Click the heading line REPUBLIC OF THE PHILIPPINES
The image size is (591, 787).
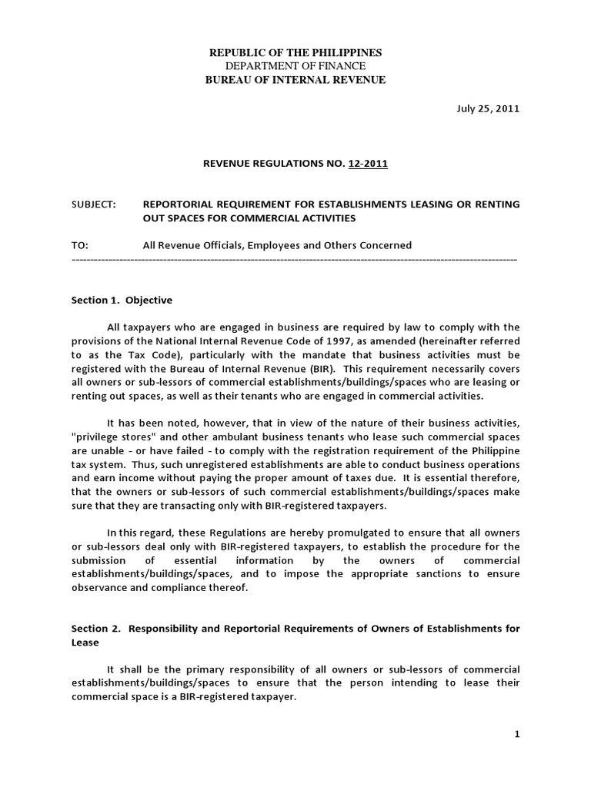click(x=295, y=52)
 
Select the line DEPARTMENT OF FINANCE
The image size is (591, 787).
click(x=295, y=66)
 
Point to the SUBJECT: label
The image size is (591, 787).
click(x=93, y=204)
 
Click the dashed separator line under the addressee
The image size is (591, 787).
click(x=295, y=260)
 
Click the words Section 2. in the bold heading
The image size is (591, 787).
click(x=95, y=629)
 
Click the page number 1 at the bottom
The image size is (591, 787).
click(x=517, y=735)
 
